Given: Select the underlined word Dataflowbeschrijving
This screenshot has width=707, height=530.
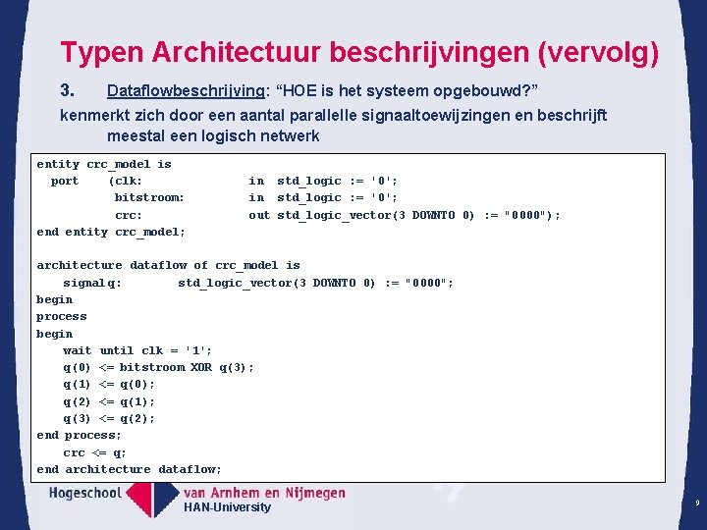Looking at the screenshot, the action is click(186, 91).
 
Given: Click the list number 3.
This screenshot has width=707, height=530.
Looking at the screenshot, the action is click(68, 91).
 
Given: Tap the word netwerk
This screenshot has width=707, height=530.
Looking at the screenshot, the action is click(286, 135).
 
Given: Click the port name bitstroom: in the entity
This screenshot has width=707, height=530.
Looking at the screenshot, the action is click(149, 197).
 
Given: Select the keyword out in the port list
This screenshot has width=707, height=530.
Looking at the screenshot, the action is click(258, 215).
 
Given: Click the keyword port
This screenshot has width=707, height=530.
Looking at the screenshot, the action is click(65, 181).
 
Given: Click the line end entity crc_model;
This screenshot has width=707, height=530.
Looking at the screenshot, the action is click(111, 232).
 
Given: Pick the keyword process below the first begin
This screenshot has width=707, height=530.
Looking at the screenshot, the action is click(62, 316).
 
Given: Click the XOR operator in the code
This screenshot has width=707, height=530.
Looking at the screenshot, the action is click(201, 367).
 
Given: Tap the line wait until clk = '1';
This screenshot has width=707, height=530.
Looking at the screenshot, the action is click(137, 350).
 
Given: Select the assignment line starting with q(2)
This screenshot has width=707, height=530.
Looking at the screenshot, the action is click(109, 401).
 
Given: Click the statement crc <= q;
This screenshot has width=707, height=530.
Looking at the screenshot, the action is click(95, 452).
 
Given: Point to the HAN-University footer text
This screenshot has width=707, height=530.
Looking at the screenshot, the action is click(227, 507).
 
